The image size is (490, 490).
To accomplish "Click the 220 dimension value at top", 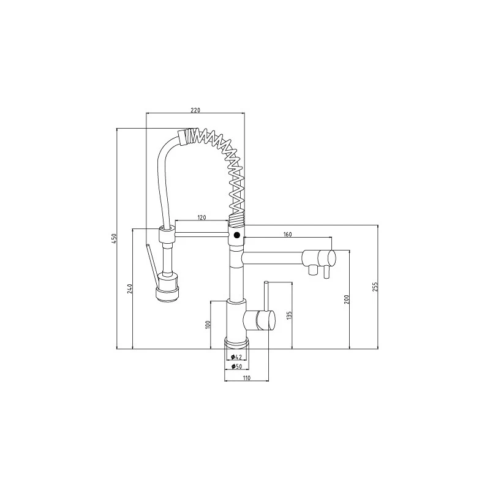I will point(195,110).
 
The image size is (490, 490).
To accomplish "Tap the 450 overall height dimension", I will point(113,238).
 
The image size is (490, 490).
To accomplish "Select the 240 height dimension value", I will point(130,288).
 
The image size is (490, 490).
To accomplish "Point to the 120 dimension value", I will point(202,217).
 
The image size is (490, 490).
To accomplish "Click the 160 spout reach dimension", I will point(287,233).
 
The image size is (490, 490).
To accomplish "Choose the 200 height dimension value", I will point(346,300).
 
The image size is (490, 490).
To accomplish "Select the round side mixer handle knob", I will point(265,320).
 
